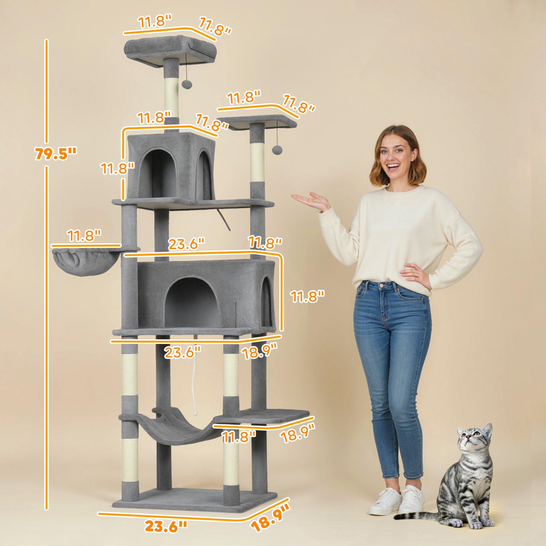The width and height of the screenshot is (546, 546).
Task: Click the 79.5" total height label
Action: (x=56, y=153)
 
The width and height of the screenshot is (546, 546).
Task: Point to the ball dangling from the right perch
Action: (x=276, y=150)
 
